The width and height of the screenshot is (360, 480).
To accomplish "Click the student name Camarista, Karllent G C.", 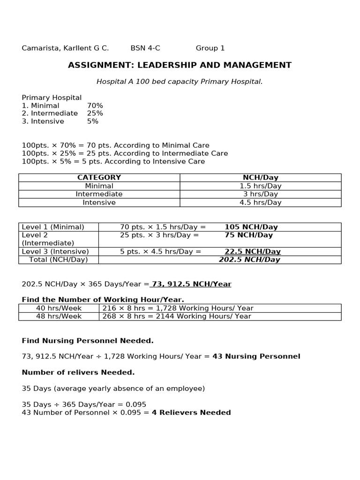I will [65, 48].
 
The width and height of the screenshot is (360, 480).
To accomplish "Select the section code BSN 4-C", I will [145, 48].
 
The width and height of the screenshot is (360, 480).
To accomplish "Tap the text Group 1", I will [210, 48].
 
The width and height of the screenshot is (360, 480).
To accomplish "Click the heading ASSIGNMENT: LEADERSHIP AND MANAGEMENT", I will [180, 65].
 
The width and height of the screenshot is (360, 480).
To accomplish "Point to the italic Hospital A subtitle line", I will [180, 82].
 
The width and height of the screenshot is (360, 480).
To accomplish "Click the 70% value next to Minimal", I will [95, 105].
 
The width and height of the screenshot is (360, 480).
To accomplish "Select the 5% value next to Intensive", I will [93, 121].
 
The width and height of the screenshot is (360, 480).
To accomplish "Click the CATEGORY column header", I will [99, 178].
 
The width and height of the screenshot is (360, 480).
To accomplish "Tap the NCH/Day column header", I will [260, 178].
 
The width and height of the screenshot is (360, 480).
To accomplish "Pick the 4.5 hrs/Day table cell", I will [260, 202].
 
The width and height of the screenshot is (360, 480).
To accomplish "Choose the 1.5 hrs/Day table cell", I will [260, 186].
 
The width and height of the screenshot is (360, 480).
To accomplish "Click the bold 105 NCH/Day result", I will [251, 227].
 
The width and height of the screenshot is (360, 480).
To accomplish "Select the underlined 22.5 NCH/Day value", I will [252, 251].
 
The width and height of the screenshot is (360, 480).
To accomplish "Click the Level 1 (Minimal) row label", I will [53, 227].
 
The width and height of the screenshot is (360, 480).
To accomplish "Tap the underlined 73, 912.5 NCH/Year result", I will [191, 284].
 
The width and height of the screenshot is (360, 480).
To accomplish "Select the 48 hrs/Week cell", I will [59, 316].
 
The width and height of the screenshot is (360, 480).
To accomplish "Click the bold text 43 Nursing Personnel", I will [256, 356].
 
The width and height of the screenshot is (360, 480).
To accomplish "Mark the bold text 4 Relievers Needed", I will [191, 412].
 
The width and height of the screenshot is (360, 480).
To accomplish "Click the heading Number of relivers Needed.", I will [78, 372].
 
